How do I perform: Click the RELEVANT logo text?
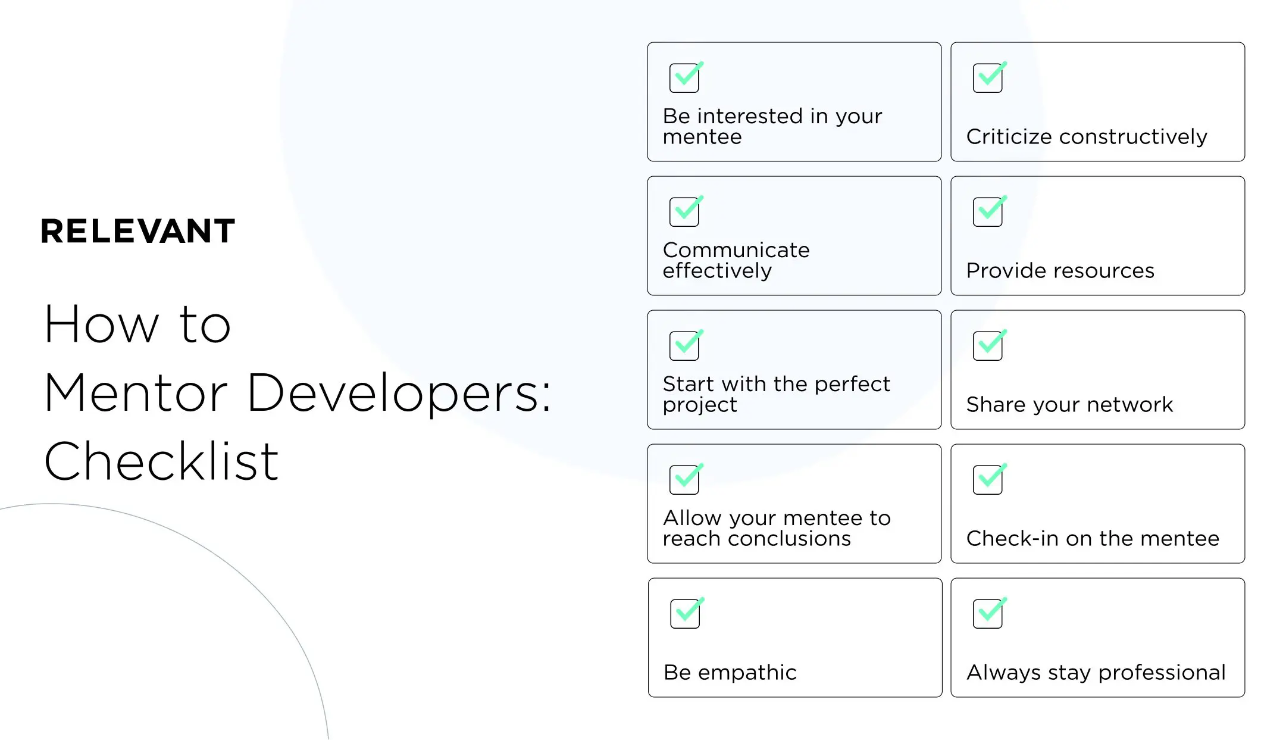coord(137,231)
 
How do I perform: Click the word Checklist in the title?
coord(161,461)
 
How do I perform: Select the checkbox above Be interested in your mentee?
coord(684,78)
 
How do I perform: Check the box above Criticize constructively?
coord(988,78)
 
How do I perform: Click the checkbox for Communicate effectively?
coord(684,212)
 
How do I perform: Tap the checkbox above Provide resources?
coord(988,212)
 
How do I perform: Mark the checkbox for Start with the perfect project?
coord(684,346)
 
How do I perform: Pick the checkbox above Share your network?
coord(988,346)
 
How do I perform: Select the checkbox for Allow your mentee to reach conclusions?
coord(684,480)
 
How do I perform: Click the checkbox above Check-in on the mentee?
coord(988,480)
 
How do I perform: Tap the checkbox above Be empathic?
coord(685,614)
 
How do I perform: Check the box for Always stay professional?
coord(988,614)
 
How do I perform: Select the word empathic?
coord(747,673)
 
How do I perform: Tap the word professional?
coord(1162,673)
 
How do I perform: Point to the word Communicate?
coord(736,250)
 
